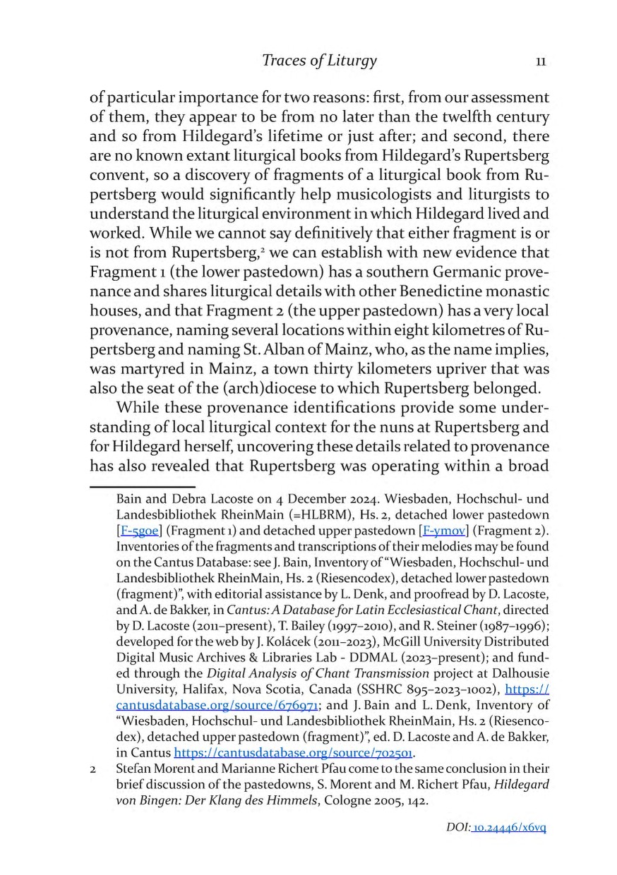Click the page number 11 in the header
pyautogui.click(x=541, y=61)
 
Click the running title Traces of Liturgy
pyautogui.click(x=319, y=61)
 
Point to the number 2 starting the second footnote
pyautogui.click(x=93, y=768)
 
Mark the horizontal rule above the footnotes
pyautogui.click(x=142, y=485)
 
